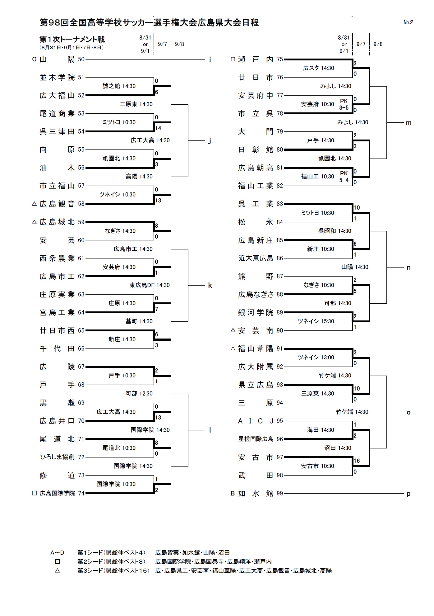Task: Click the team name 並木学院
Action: (57, 78)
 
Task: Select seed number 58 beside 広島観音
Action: (81, 204)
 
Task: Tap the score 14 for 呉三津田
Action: (158, 128)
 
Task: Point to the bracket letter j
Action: (210, 141)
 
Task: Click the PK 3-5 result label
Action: (344, 104)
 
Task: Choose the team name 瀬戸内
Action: (256, 59)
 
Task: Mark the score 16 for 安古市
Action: (357, 461)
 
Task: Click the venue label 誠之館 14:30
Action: (119, 86)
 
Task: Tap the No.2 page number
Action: (408, 22)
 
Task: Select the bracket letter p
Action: (409, 494)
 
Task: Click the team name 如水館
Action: (256, 493)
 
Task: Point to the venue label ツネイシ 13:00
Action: (316, 358)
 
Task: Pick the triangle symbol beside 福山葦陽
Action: (233, 349)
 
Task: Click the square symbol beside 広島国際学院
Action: (35, 493)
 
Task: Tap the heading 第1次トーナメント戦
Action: (72, 39)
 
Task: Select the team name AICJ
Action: (256, 421)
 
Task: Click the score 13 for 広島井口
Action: (158, 417)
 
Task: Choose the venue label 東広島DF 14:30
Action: (150, 285)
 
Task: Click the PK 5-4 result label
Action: (344, 177)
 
